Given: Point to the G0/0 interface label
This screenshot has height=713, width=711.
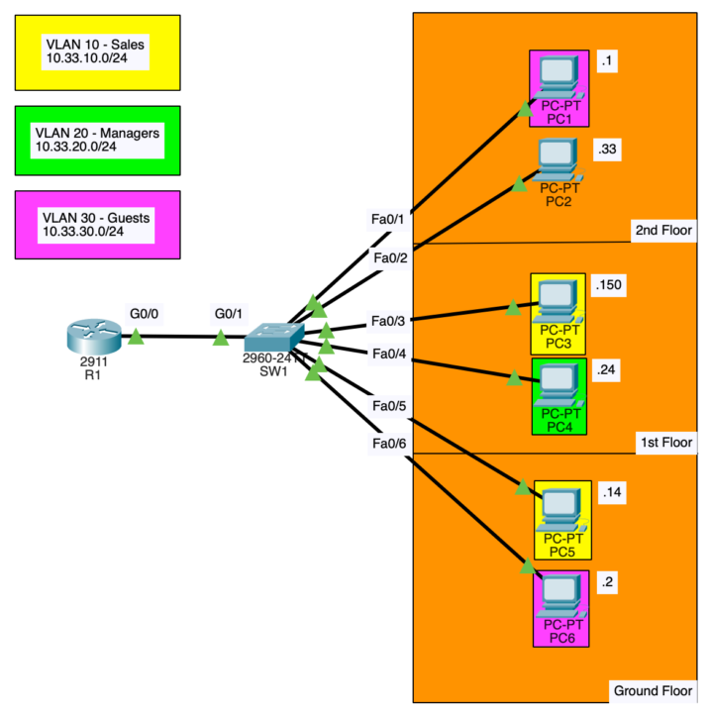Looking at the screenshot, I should [x=144, y=314].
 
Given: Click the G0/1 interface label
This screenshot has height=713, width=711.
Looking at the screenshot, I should [x=231, y=314].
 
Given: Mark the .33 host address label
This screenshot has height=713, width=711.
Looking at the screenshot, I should [x=607, y=149].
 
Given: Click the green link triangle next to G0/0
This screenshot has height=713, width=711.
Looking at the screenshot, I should [x=137, y=339].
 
